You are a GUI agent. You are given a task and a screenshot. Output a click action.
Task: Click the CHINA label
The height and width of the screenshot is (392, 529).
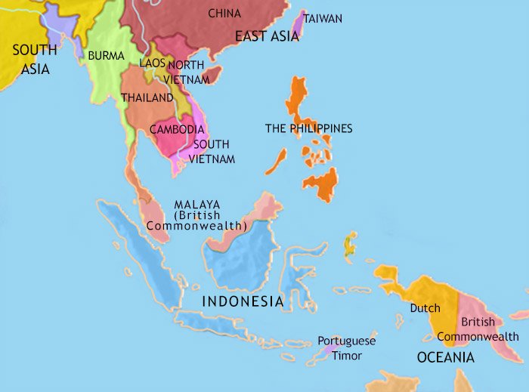pyautogui.click(x=224, y=14)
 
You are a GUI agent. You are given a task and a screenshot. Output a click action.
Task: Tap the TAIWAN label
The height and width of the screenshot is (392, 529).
pyautogui.click(x=323, y=18)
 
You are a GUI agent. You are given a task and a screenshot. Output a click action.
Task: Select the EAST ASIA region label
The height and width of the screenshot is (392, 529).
pyautogui.click(x=267, y=36)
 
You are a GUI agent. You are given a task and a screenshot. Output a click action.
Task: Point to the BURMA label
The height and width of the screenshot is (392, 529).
pyautogui.click(x=106, y=55)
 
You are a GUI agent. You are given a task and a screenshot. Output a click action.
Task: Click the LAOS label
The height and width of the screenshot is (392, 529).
pyautogui.click(x=152, y=64)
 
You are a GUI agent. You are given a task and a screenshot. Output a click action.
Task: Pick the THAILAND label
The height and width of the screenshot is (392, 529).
pyautogui.click(x=147, y=97)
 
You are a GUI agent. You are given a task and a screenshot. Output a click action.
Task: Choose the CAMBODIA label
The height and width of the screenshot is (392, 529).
pyautogui.click(x=177, y=129)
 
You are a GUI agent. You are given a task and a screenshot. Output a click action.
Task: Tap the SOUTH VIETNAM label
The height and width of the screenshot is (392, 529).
pyautogui.click(x=213, y=151)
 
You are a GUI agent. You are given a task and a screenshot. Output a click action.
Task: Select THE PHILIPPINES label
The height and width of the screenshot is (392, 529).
pyautogui.click(x=308, y=128)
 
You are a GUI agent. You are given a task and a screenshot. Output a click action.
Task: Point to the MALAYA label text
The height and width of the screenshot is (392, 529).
pyautogui.click(x=196, y=205)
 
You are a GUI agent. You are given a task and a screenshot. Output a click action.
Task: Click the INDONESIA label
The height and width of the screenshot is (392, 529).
pyautogui.click(x=242, y=301)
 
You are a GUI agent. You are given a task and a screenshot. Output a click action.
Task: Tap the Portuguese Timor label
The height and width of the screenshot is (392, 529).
pyautogui.click(x=345, y=347)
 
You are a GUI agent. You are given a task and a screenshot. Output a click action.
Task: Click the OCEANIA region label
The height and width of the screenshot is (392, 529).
pyautogui.click(x=446, y=357)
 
